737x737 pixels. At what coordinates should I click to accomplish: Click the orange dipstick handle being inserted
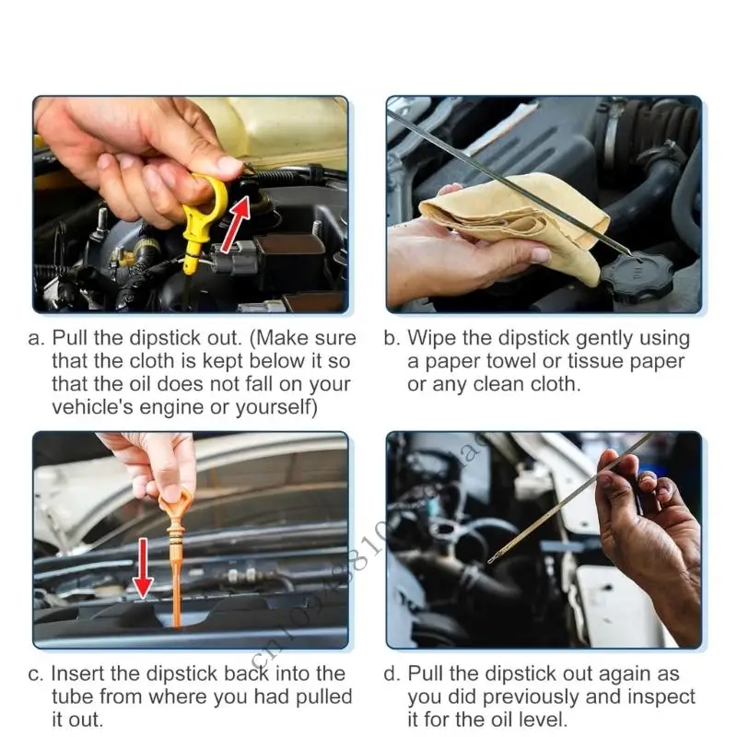coord(175,516)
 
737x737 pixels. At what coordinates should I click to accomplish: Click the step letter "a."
coord(38,338)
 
